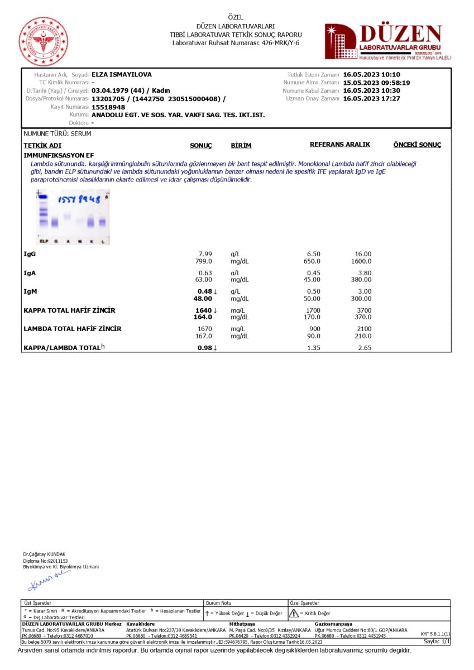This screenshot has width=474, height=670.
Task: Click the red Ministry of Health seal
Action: coord(44,42)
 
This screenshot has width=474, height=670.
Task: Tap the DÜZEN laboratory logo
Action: coord(387,41)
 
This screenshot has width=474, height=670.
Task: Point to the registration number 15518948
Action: coord(108,107)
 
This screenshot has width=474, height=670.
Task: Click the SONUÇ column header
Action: coord(201,145)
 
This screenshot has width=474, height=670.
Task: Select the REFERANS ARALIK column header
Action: coord(339,145)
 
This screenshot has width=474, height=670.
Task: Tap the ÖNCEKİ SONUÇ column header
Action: coord(417,145)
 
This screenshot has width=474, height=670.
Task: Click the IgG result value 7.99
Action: coord(205,254)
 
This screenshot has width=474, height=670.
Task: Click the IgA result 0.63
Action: coord(205,273)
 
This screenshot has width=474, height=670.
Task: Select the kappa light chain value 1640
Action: coord(203,310)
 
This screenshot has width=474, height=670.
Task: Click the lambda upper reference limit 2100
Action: coord(363,329)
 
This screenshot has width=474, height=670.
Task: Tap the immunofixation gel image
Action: coord(73,217)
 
